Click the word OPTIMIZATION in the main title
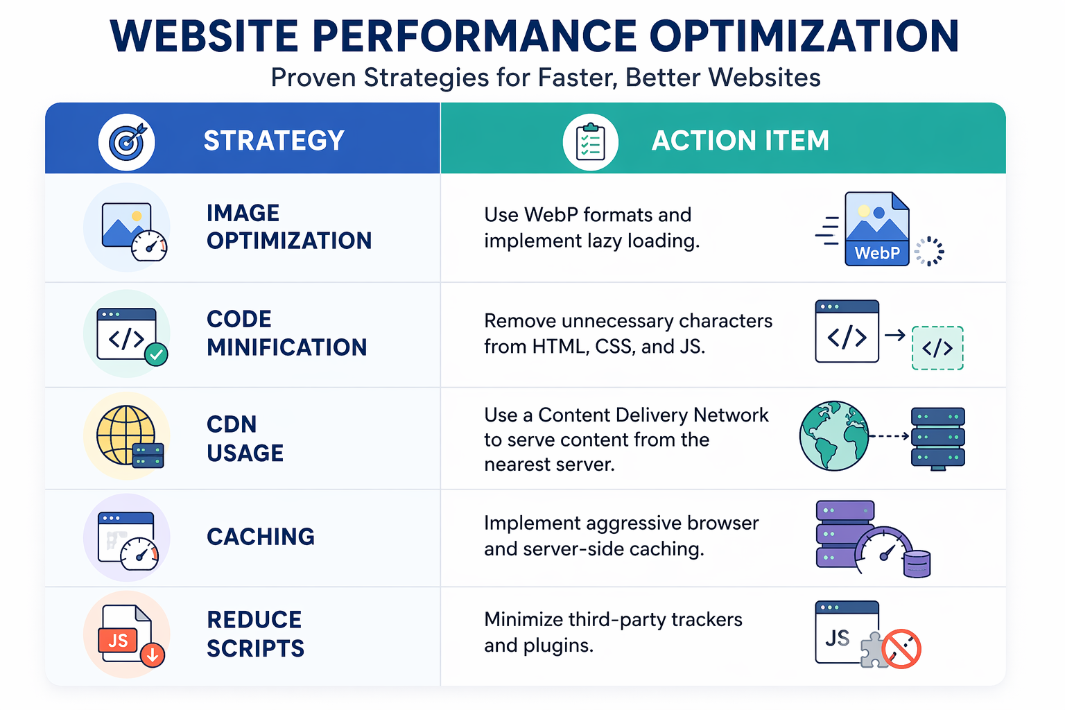coord(804,36)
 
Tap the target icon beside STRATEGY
coord(126,141)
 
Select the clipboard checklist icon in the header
coord(591,141)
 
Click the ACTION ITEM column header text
coord(741,141)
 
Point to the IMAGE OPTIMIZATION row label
coord(289,227)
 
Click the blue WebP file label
coord(877,253)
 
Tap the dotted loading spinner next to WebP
coord(930,251)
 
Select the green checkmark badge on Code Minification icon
coord(156,354)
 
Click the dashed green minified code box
coord(937,348)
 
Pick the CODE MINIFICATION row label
coord(286,333)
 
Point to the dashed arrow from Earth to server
coord(889,436)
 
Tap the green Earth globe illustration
coord(834,436)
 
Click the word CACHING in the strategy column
coord(261,537)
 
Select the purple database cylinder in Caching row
coord(917,564)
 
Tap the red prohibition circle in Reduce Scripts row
coord(901,649)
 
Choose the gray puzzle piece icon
coord(874,650)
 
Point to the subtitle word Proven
coord(313,78)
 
